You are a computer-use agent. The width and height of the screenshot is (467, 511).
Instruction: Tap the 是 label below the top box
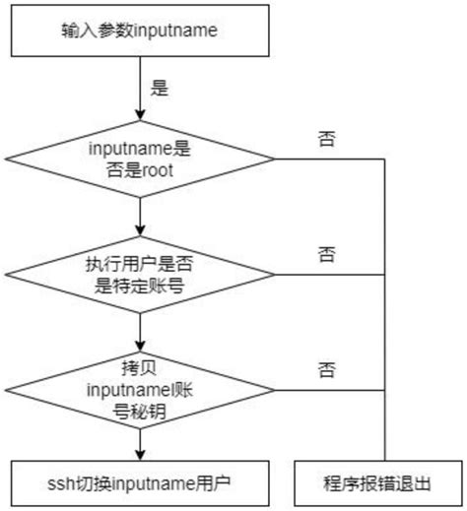pyautogui.click(x=159, y=88)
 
